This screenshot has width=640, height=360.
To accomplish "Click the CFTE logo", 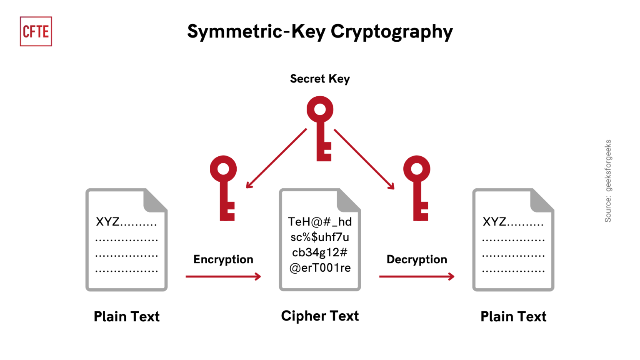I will pos(36,31).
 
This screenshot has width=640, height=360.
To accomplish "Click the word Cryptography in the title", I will pos(391,32).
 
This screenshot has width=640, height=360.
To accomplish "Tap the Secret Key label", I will pos(320,79).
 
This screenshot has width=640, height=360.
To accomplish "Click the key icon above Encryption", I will pos(224,187).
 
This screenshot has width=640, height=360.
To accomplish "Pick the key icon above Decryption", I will pos(417,187).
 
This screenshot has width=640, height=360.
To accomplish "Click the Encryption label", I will pos(223,259).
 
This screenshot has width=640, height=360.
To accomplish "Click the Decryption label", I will pos(417,259).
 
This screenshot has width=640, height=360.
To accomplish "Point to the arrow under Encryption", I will pos(223,276).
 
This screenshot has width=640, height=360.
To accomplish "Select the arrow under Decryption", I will pos(417,276).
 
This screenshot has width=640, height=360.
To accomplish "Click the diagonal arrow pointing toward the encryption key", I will pos(276,158).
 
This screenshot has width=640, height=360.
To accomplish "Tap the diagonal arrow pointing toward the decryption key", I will pos(364,158).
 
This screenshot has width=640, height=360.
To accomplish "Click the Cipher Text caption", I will pos(320,316).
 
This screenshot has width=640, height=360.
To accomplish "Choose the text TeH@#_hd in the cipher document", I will pos(320,222).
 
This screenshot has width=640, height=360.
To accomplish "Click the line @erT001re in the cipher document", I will pos(320,268).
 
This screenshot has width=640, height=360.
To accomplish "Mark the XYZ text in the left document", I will pos(108,222).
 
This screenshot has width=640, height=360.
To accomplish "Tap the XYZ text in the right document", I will pos(495,222).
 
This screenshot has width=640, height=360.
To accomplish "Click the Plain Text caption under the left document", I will pos(126,317).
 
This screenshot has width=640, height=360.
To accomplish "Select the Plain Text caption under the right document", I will pos(513,317).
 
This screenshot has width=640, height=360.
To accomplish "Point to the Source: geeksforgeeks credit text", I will pos(608,181).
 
